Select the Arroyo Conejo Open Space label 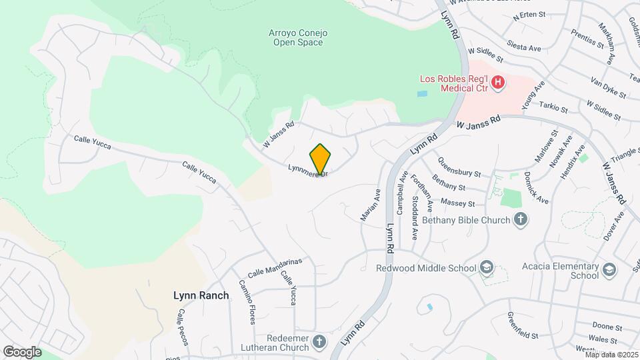point(297,37)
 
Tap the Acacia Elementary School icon point(608,270)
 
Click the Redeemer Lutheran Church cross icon point(319,343)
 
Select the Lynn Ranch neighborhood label point(201,295)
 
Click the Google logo point(22,351)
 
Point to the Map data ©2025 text point(611,355)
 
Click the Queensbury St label point(461,164)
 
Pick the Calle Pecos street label point(181,331)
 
